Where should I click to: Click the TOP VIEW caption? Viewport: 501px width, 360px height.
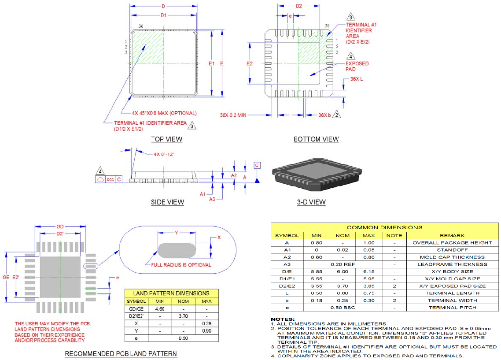pos(166,139)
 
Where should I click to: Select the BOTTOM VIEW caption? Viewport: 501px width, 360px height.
pos(316,139)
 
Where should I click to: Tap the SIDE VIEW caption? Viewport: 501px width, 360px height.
pos(167,202)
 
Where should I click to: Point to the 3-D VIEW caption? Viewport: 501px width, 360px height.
pos(311,202)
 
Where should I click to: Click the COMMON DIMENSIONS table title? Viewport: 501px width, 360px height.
pos(384,227)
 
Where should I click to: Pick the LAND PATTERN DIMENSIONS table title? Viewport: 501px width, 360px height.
pos(171,293)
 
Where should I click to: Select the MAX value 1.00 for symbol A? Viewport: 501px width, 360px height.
pos(368,243)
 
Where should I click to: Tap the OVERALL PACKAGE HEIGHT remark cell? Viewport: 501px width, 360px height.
pos(452,243)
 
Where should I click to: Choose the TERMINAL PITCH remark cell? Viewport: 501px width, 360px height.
pos(452,308)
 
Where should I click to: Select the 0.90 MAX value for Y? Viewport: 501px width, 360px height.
pos(206,331)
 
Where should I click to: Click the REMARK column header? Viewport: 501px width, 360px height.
pos(452,235)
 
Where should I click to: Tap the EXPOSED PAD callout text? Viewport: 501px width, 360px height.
pos(357,67)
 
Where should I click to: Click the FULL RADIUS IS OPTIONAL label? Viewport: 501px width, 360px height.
pos(181,265)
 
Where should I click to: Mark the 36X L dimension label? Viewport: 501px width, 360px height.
pos(357,78)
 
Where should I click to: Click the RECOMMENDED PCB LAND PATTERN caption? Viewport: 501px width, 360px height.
pos(121,354)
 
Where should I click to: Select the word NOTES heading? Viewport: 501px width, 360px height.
pos(283,319)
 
